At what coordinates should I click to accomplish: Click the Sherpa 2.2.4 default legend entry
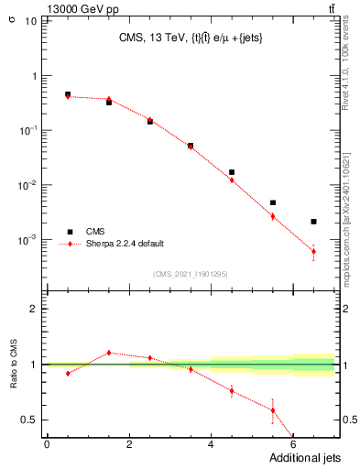tap(125, 244)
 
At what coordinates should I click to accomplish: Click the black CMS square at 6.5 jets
tap(313, 222)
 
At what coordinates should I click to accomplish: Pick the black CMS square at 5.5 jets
tap(273, 202)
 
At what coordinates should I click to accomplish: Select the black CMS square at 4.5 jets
tap(232, 172)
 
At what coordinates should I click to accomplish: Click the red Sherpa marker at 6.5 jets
tap(313, 251)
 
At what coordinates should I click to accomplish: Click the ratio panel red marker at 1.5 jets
tap(109, 353)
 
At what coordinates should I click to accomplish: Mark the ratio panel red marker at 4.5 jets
tap(232, 391)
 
